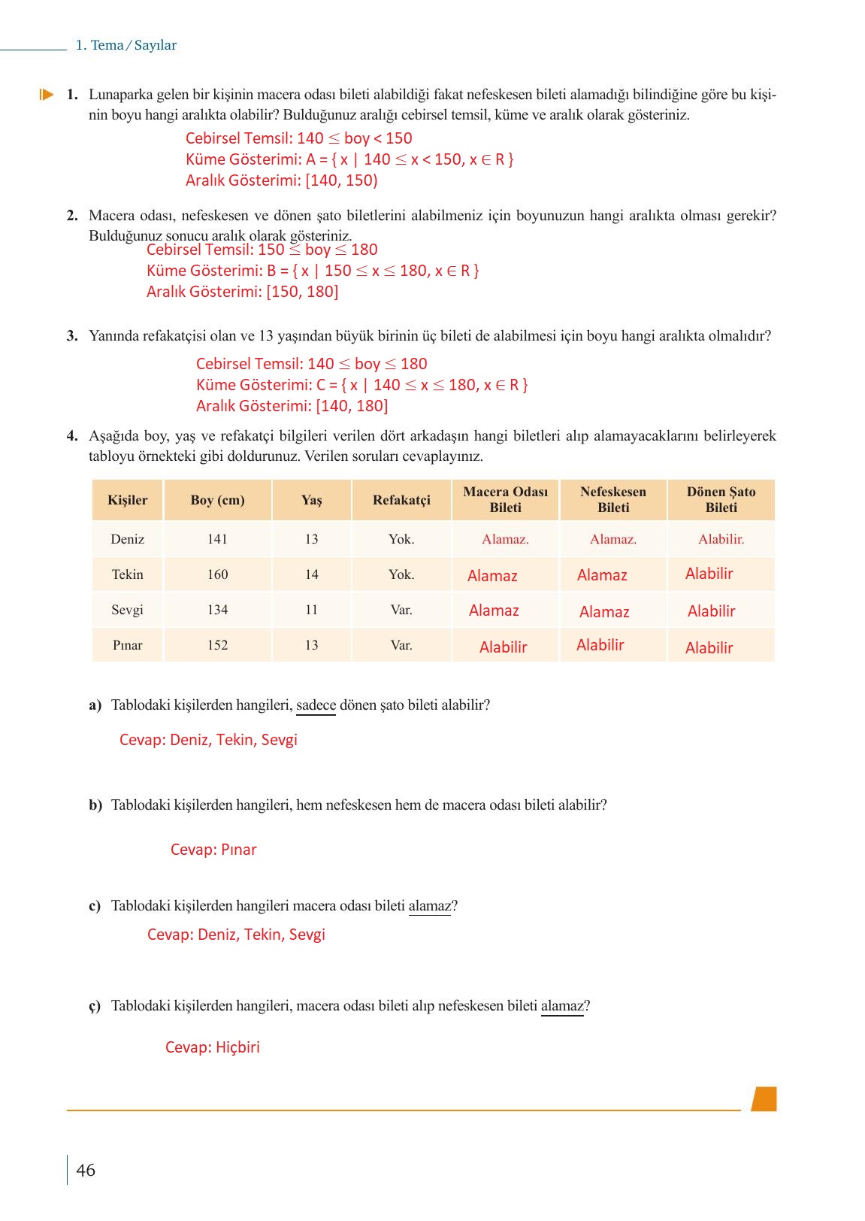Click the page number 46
coord(86,1170)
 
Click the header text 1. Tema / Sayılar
coord(126,45)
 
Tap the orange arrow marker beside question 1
coord(47,95)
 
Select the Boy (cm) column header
coord(217,500)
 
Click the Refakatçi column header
coord(401,500)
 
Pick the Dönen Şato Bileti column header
coord(721,500)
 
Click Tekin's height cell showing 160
coord(217,574)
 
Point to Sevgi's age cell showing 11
coord(311,610)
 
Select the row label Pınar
coord(127,645)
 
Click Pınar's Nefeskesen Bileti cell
coord(600,645)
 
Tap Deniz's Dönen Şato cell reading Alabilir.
coord(721,539)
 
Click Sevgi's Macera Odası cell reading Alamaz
coord(494,610)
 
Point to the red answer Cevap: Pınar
coord(213,850)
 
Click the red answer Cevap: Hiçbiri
coord(213,1047)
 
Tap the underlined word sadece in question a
coord(316,705)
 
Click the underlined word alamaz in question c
coord(430,906)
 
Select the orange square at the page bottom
coord(764,1098)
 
